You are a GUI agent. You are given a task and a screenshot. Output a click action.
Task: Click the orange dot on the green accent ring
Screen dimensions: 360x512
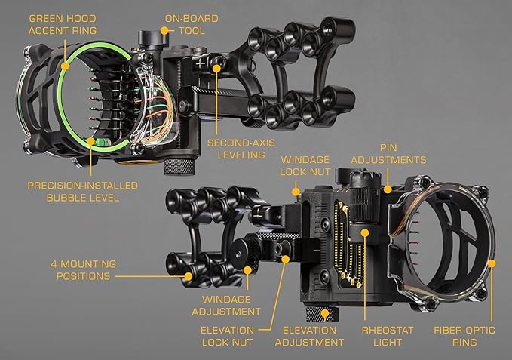click(65, 66)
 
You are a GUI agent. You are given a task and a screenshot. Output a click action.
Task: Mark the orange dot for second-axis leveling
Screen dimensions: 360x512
click(216, 68)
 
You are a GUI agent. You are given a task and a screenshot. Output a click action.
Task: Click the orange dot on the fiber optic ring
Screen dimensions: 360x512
click(492, 263)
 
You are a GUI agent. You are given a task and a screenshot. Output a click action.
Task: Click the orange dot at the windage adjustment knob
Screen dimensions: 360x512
click(248, 268)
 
